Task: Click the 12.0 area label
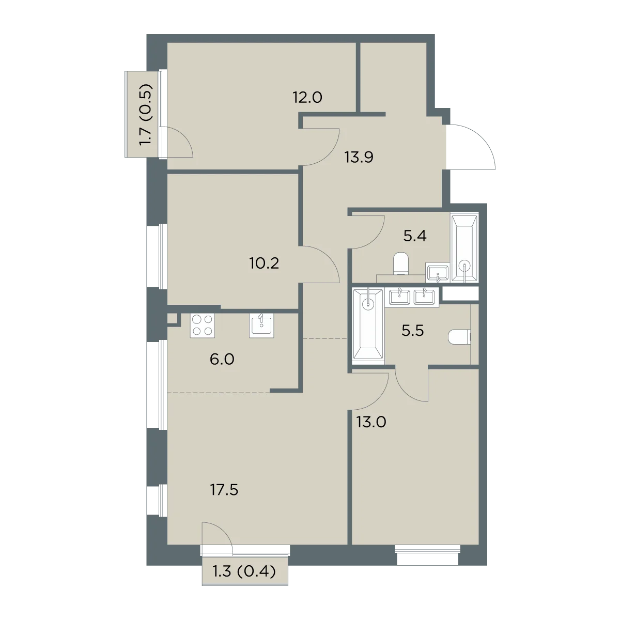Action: pyautogui.click(x=307, y=97)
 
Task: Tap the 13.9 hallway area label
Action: pyautogui.click(x=359, y=158)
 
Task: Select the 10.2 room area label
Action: pyautogui.click(x=264, y=263)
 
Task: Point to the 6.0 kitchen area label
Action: pyautogui.click(x=222, y=359)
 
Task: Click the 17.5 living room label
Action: pyautogui.click(x=224, y=490)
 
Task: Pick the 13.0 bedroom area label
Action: pyautogui.click(x=371, y=422)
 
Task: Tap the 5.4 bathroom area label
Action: pyautogui.click(x=415, y=236)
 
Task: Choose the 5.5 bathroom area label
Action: pyautogui.click(x=413, y=331)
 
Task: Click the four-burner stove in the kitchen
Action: pyautogui.click(x=203, y=326)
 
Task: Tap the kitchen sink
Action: pyautogui.click(x=261, y=326)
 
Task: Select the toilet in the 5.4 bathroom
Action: pyautogui.click(x=401, y=263)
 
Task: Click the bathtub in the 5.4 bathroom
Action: pyautogui.click(x=464, y=249)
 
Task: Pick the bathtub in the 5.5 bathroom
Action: pyautogui.click(x=368, y=324)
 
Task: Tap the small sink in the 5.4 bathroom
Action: pyautogui.click(x=437, y=272)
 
